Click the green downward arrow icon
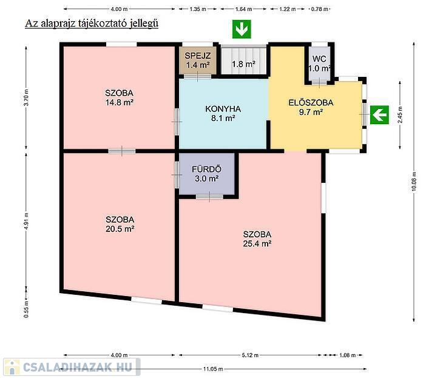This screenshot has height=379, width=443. [242, 29]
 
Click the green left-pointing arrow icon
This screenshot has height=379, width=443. [379, 114]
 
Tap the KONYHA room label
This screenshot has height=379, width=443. [223, 109]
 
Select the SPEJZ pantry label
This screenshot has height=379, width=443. [197, 56]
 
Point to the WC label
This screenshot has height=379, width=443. [319, 59]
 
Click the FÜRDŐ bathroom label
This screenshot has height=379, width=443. [206, 169]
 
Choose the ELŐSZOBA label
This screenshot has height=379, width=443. [311, 102]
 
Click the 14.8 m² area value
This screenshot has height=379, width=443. [119, 102]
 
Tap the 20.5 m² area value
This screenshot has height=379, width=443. [120, 229]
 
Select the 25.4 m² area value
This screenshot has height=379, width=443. [257, 243]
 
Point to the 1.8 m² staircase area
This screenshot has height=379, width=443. [243, 64]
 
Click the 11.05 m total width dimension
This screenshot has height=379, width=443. [213, 369]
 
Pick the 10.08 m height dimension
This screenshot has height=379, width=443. [414, 182]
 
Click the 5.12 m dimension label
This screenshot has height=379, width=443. [250, 355]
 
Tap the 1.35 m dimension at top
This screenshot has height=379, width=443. [198, 9]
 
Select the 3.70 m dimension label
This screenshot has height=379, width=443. [26, 97]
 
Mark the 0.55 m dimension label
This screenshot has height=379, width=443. [26, 309]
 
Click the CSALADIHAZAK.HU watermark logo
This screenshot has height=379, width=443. [72, 367]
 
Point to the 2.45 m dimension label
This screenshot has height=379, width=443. [400, 114]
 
